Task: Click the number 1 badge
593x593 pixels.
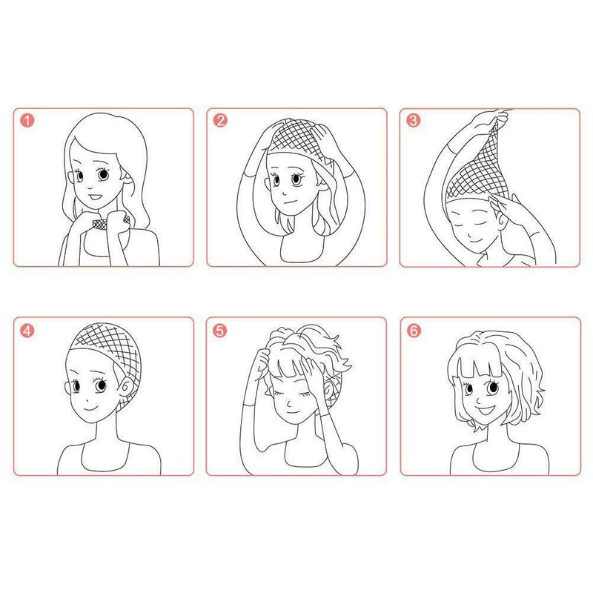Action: coord(27,121)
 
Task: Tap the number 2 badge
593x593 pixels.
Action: coord(220,121)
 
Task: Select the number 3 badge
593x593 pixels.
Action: coord(414,121)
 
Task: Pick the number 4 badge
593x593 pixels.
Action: coord(27,331)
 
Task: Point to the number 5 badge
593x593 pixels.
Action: coord(219,331)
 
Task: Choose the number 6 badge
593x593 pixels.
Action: coord(414,331)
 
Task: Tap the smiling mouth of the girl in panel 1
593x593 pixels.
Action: coord(95,197)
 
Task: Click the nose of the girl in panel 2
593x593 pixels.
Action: coord(285,193)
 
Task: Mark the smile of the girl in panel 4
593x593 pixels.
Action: coord(90,408)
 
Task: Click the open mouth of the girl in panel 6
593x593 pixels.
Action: coord(486,410)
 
